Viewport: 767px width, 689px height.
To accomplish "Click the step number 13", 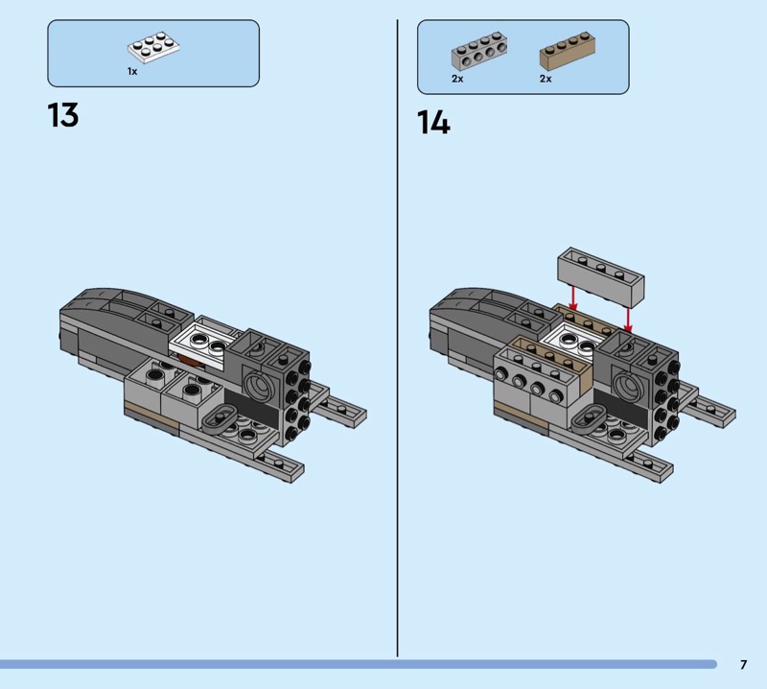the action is [63, 115].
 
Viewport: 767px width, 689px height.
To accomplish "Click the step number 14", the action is [433, 122].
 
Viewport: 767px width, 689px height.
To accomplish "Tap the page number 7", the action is [744, 664].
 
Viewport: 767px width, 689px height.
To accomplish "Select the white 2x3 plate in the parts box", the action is [153, 47].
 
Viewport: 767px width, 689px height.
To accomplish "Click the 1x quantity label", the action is [132, 72].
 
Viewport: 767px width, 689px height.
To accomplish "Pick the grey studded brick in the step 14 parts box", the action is [478, 52].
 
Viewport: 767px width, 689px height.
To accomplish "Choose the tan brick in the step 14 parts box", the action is [568, 51].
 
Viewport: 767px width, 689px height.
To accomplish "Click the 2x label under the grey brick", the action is [457, 79].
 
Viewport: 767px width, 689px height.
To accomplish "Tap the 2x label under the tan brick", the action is [546, 79].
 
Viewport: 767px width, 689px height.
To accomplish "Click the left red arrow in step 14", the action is [573, 297].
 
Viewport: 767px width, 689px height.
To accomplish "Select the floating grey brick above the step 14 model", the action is [601, 276].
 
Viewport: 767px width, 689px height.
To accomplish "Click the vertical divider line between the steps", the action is [397, 338].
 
